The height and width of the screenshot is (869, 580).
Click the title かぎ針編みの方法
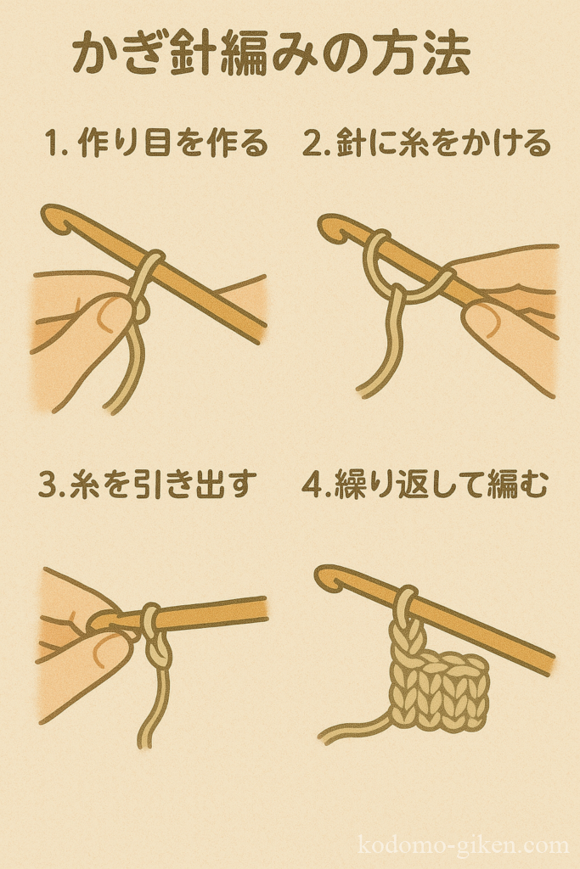click(271, 55)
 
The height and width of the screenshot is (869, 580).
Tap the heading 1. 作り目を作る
click(157, 143)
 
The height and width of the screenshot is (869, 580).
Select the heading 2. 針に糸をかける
click(427, 143)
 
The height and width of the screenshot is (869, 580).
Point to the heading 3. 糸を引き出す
click(148, 484)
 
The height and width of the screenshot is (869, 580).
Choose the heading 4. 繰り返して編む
click(425, 484)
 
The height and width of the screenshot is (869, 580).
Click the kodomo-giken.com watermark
click(464, 845)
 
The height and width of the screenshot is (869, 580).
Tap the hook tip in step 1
click(55, 218)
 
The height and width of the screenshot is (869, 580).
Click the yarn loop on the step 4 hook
click(408, 603)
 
